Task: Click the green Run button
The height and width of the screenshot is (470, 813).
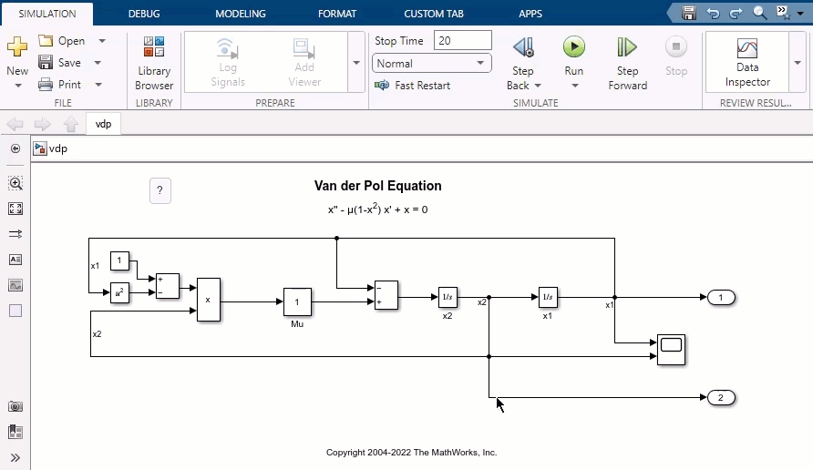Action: tap(573, 47)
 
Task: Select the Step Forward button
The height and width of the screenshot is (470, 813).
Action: tap(627, 47)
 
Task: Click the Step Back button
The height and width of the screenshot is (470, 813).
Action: tap(522, 47)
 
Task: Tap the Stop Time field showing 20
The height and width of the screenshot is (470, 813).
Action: tap(462, 40)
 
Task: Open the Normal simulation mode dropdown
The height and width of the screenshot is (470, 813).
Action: tap(432, 64)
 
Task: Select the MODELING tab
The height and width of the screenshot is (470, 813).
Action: tap(241, 14)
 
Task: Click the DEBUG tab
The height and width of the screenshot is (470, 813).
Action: tap(144, 14)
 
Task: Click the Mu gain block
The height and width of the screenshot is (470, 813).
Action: tap(297, 301)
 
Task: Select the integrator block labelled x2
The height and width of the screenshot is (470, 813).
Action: tap(448, 297)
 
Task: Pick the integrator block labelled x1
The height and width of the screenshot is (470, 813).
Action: tap(548, 297)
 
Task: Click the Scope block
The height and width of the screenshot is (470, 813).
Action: tap(671, 350)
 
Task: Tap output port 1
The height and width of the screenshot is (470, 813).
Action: tap(721, 298)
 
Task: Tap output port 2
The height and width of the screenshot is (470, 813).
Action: tap(721, 398)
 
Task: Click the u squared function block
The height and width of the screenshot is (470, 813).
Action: tap(120, 292)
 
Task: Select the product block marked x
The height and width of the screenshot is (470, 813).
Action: tap(208, 299)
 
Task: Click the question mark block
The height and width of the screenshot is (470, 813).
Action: tap(160, 190)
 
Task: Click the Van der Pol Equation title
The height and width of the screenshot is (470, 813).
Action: tap(377, 186)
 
